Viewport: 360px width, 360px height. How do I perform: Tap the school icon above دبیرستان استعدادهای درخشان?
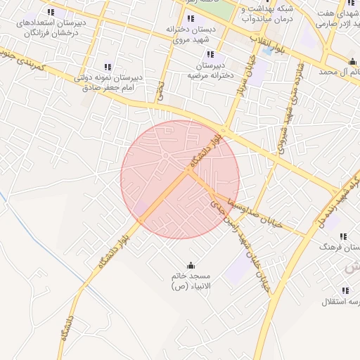(x=51, y=13)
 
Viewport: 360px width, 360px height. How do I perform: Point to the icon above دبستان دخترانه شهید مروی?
(x=191, y=18)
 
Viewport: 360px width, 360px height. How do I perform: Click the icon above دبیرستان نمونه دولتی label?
(x=107, y=67)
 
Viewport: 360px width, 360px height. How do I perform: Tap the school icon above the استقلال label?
(x=345, y=290)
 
